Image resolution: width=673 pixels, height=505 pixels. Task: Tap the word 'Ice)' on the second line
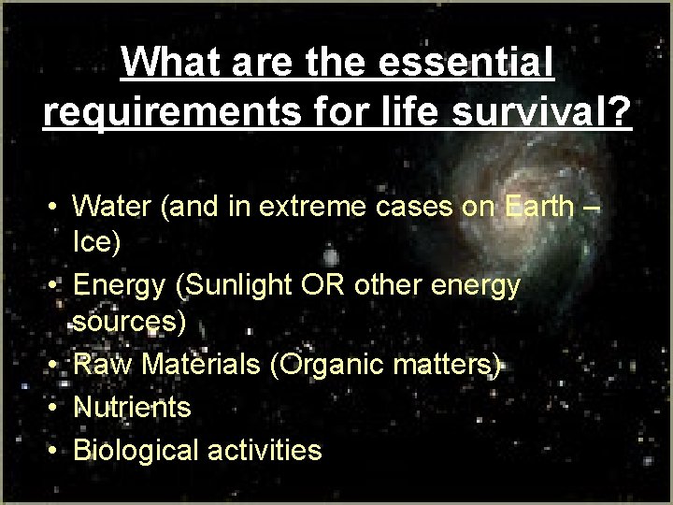(x=96, y=243)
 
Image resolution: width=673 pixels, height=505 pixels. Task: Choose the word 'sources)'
(x=130, y=324)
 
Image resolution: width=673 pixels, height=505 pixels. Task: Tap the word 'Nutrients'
(x=132, y=407)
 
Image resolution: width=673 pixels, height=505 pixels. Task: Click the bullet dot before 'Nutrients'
(x=56, y=408)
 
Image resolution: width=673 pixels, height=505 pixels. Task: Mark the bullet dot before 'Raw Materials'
(x=56, y=366)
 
